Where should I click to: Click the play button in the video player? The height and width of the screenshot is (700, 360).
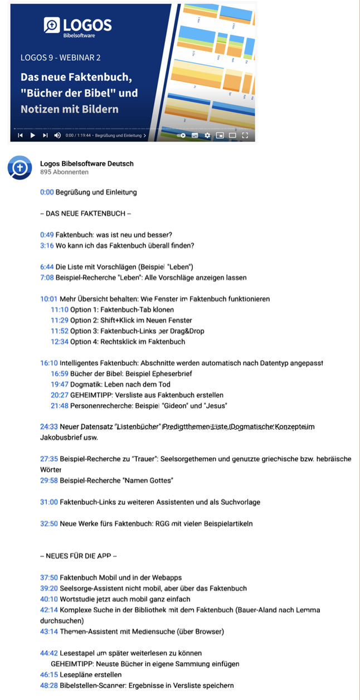(x=33, y=135)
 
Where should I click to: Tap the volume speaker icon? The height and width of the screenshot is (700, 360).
(x=57, y=135)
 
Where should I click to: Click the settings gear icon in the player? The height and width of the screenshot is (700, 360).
(x=207, y=135)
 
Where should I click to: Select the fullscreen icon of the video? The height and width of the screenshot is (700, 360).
(x=245, y=135)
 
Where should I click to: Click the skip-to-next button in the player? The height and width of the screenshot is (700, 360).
(x=45, y=135)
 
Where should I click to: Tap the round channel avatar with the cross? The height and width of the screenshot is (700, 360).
(x=20, y=168)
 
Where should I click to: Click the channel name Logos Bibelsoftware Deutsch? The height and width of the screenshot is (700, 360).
(x=87, y=164)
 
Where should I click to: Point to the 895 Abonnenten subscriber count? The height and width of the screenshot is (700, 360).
(x=64, y=172)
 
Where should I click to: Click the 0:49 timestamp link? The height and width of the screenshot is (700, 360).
(x=46, y=235)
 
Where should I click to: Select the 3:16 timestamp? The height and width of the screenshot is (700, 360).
(x=46, y=245)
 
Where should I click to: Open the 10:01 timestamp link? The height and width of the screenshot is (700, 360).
(x=48, y=299)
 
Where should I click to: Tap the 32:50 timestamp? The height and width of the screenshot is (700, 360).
(x=48, y=523)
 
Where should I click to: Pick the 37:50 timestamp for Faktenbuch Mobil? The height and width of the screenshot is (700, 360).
(x=48, y=577)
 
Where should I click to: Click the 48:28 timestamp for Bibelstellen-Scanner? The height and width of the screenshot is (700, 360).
(x=48, y=685)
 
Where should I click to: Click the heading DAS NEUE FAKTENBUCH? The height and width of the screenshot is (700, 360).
(x=86, y=213)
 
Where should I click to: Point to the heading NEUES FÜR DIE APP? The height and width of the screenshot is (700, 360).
(x=79, y=556)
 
